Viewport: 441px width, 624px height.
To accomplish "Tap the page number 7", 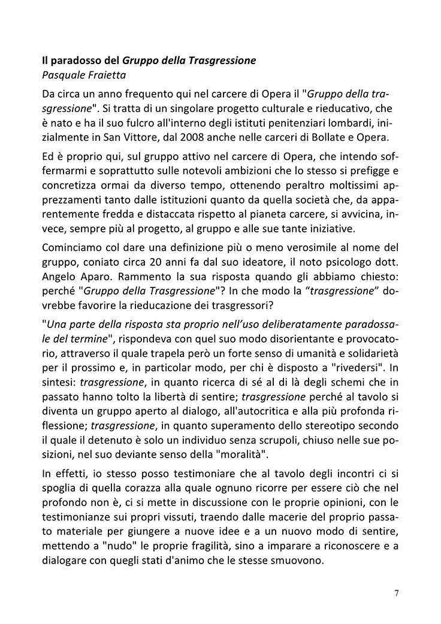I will [x=397, y=593].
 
